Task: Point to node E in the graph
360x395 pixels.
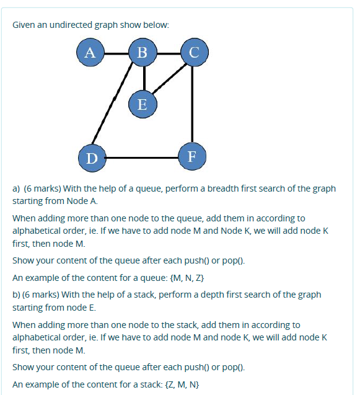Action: point(142,104)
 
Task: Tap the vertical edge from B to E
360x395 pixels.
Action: point(143,78)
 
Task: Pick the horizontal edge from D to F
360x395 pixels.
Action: point(141,158)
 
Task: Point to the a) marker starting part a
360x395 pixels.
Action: point(17,189)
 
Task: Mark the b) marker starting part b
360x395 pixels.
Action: point(17,294)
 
